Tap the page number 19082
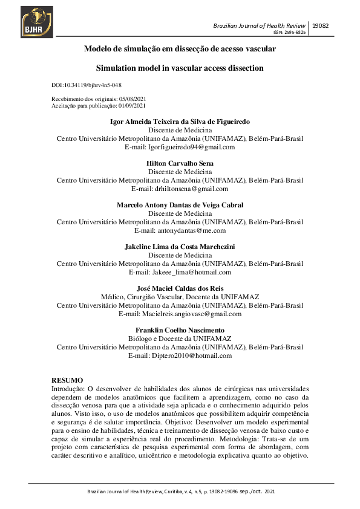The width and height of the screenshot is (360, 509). point(321,27)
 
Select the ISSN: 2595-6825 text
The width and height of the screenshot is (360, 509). point(290,33)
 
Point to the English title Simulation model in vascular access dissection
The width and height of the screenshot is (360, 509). point(180,68)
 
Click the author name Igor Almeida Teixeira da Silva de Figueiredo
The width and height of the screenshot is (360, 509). point(180,122)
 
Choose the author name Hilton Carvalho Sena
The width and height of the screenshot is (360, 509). point(180,164)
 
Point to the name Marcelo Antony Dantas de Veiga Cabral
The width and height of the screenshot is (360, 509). point(180,206)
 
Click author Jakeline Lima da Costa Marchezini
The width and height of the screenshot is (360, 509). point(180,247)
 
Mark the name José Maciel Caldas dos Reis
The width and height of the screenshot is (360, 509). point(180,289)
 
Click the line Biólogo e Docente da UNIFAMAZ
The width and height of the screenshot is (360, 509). point(180,339)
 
